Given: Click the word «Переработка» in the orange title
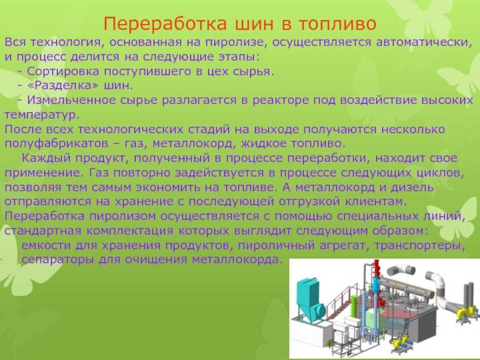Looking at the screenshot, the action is click(x=166, y=24).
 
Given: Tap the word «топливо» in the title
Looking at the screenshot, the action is click(x=338, y=24).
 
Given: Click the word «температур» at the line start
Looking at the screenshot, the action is click(x=41, y=115).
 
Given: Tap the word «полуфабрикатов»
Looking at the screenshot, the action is click(x=56, y=144).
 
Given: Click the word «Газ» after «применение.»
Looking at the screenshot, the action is click(x=99, y=173).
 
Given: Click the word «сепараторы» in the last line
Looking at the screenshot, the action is click(x=58, y=260).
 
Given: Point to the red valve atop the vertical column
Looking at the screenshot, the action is click(x=377, y=268).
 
